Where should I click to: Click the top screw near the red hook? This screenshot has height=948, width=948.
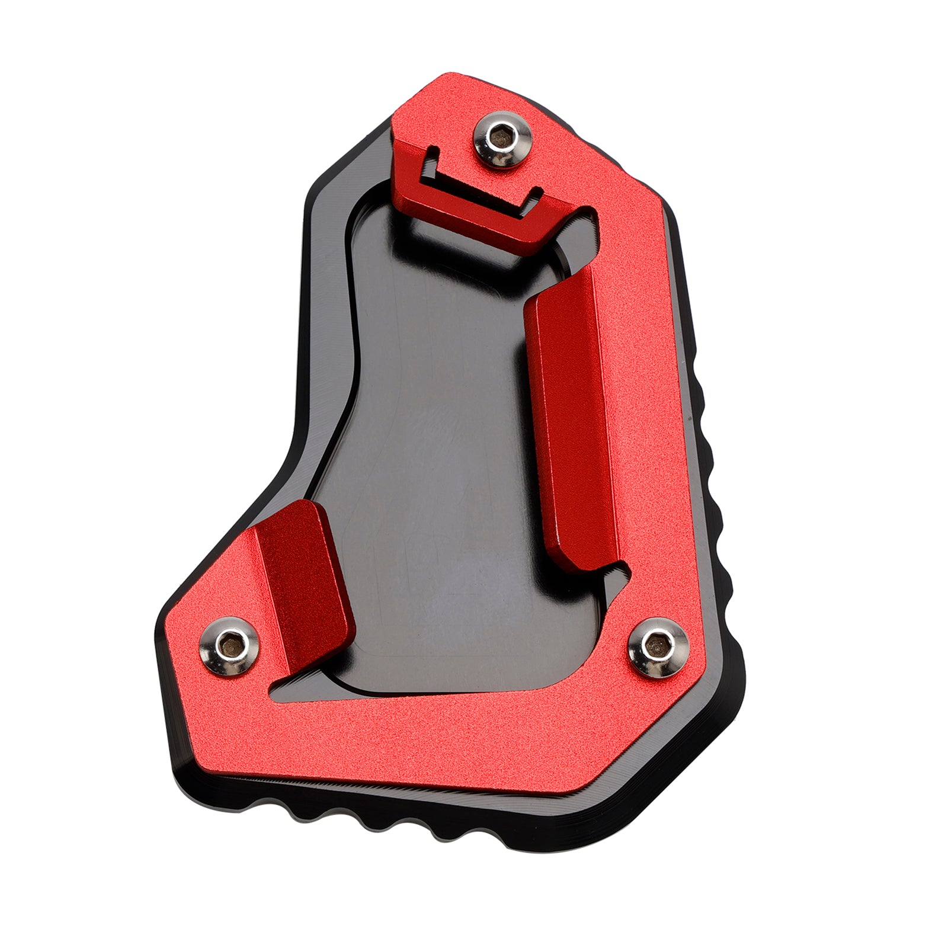pyautogui.click(x=502, y=141)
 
